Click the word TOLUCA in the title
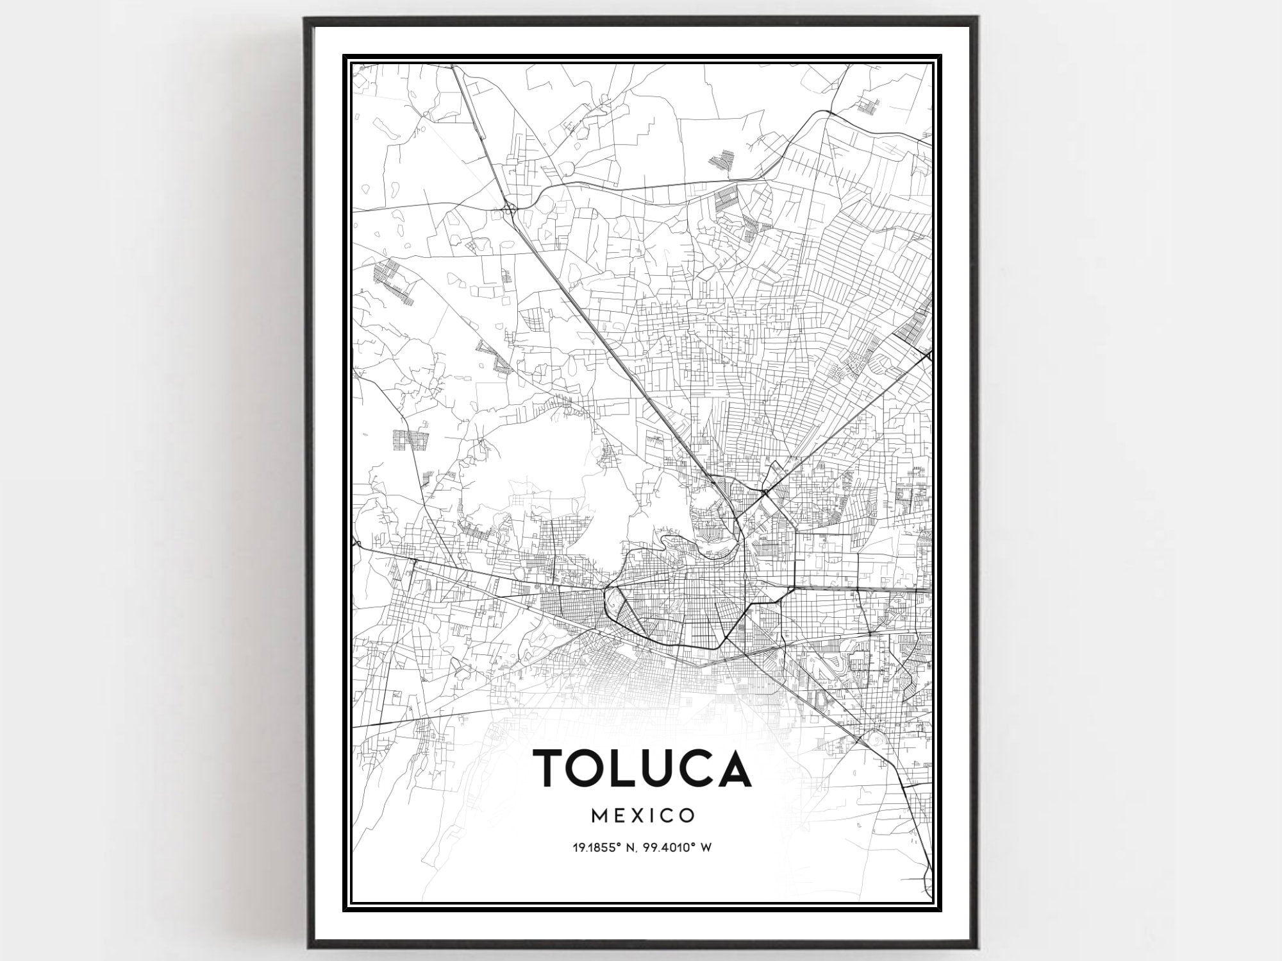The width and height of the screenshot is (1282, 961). point(642,768)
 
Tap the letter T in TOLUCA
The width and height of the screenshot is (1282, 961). point(551,768)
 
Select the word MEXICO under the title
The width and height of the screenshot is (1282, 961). point(642,815)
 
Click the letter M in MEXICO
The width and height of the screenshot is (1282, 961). point(599,815)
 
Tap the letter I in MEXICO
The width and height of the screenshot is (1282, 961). point(652,815)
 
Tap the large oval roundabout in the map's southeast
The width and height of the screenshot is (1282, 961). point(878,738)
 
